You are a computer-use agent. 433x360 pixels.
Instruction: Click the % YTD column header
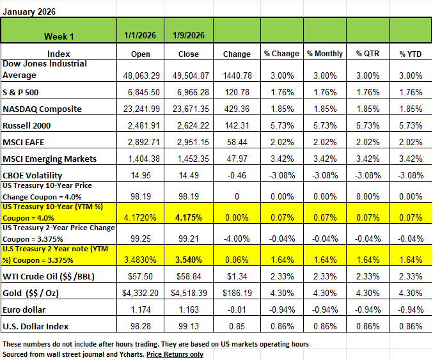click(x=410, y=53)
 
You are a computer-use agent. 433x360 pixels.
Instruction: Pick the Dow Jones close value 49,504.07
click(x=187, y=75)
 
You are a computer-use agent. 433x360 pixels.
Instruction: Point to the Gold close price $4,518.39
click(x=187, y=293)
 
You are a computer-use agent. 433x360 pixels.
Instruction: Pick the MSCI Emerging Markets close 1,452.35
click(x=187, y=159)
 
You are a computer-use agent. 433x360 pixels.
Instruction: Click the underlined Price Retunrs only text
click(x=175, y=354)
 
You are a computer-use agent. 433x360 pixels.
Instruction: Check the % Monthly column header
click(x=325, y=53)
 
